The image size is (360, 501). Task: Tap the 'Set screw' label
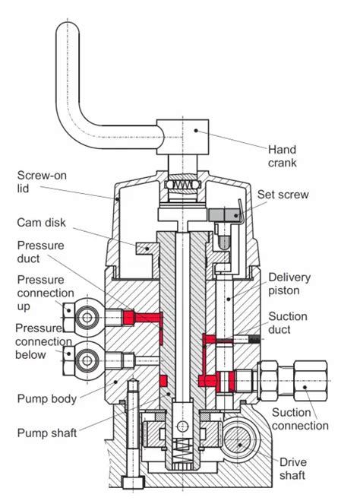(283, 195)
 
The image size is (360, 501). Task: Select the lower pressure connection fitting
(84, 355)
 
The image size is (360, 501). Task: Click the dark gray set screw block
(224, 214)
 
